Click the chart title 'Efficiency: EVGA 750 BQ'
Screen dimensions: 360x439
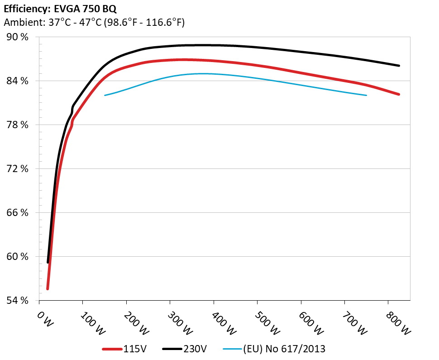pyautogui.click(x=60, y=9)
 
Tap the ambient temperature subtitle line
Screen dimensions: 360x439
pyautogui.click(x=94, y=22)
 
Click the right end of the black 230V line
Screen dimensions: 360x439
pyautogui.click(x=399, y=66)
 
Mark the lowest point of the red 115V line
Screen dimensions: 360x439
pyautogui.click(x=48, y=288)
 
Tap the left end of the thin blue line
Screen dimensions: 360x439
pyautogui.click(x=105, y=95)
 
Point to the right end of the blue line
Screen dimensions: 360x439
pyautogui.click(x=366, y=95)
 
